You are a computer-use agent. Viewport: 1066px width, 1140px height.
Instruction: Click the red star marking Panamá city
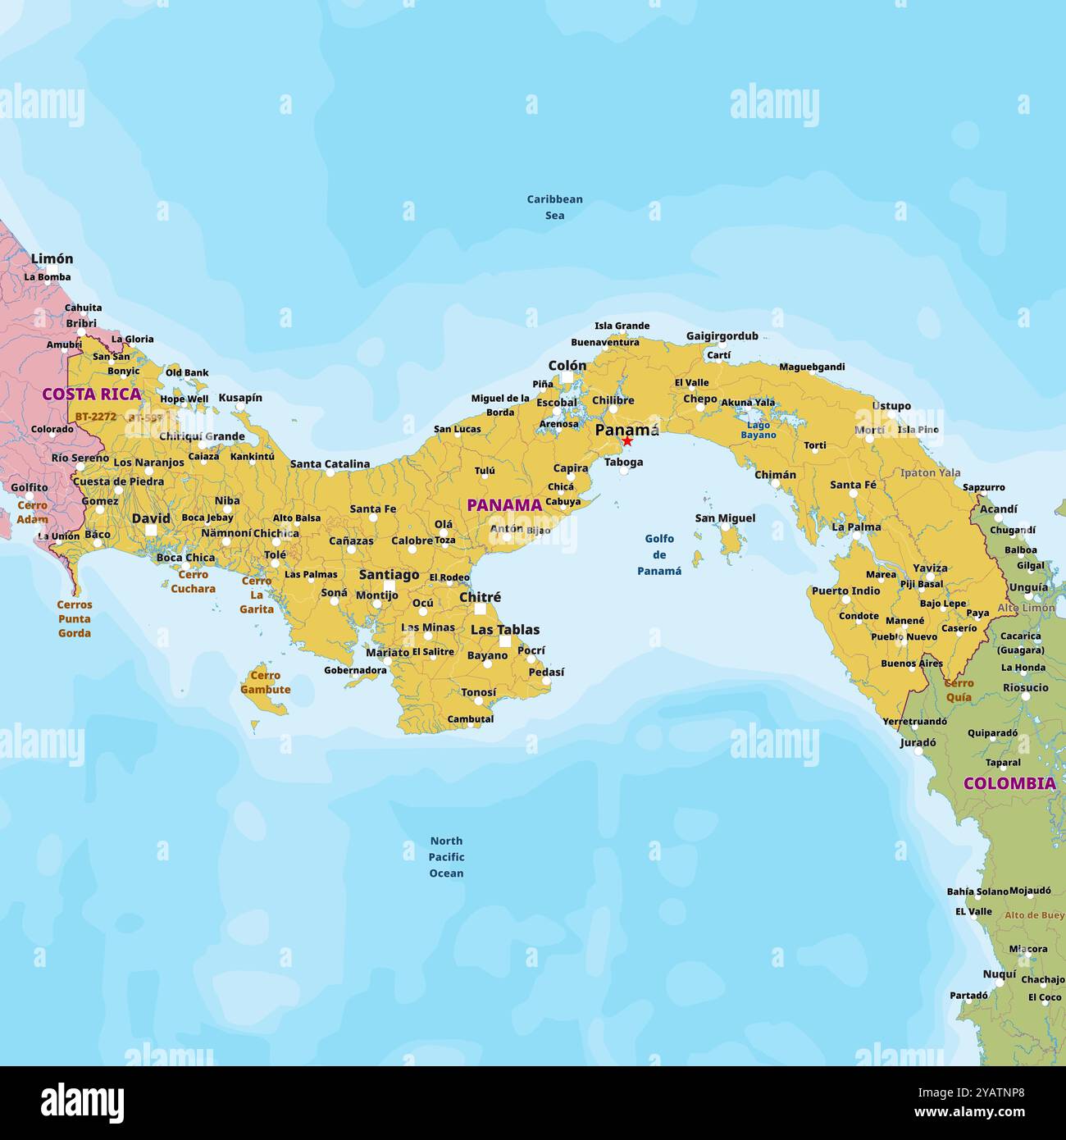[x=627, y=441]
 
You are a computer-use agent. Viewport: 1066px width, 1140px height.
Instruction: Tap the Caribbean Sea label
[x=554, y=207]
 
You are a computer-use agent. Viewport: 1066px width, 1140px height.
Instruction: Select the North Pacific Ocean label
[x=446, y=857]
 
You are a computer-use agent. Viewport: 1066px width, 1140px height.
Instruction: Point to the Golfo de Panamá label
[x=659, y=554]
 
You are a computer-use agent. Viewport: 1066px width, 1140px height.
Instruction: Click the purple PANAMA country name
[x=504, y=505]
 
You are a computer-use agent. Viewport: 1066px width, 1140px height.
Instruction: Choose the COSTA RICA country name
[x=92, y=394]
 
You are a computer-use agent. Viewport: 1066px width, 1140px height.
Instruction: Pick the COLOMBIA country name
[x=1009, y=783]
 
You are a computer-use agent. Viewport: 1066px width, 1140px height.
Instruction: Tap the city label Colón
[x=567, y=366]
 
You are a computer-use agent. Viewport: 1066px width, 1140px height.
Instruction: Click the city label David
[x=152, y=518]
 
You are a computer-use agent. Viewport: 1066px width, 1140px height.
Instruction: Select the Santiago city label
[x=389, y=575]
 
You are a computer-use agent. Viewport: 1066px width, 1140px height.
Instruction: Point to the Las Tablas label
[x=505, y=630]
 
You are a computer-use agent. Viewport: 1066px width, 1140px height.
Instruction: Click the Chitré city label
[x=480, y=597]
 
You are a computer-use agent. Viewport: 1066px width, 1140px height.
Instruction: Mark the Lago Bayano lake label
[x=758, y=430]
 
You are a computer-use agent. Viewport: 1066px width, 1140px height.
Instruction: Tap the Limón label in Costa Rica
[x=52, y=259]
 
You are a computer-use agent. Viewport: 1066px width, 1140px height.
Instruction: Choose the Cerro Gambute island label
[x=265, y=682]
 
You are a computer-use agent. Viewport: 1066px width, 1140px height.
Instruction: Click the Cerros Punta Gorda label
[x=75, y=618]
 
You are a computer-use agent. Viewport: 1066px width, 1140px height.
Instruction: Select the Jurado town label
[x=918, y=743]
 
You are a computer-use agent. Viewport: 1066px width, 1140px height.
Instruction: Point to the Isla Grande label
[x=622, y=326]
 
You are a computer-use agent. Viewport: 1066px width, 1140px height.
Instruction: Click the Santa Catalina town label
[x=330, y=464]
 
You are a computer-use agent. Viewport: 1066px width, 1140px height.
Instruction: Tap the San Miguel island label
[x=725, y=518]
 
